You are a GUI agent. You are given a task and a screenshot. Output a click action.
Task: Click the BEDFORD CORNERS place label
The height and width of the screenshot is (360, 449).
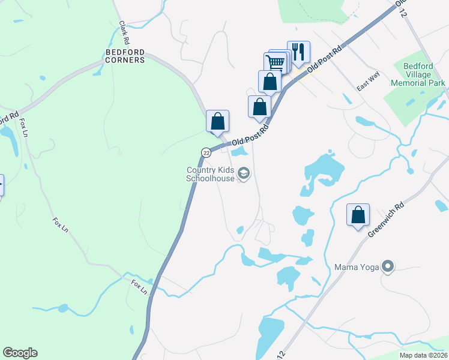click(x=125, y=56)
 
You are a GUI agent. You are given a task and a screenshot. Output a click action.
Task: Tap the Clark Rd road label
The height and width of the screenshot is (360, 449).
click(x=124, y=34)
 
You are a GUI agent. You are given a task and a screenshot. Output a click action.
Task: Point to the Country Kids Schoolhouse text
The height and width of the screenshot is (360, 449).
click(x=211, y=174)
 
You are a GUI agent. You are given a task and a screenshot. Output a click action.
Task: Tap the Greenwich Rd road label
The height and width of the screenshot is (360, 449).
click(x=379, y=222)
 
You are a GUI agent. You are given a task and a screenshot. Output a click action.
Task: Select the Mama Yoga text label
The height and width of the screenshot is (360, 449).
click(x=357, y=266)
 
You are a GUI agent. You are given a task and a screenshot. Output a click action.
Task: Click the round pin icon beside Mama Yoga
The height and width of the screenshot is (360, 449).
click(x=388, y=266)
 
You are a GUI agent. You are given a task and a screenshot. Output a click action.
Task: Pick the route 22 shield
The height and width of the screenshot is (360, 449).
click(x=206, y=153)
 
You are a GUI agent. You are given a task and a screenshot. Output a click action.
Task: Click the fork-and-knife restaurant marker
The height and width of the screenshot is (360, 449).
click(x=298, y=51)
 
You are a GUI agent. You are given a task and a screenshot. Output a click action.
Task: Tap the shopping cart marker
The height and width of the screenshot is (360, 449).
click(x=275, y=62)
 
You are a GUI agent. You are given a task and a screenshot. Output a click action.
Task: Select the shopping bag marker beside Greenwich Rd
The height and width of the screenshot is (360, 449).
click(x=358, y=215)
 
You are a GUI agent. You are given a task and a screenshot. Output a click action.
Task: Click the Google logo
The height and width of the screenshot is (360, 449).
click(x=20, y=353)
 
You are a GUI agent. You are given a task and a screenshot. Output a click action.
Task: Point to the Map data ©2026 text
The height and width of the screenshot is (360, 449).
click(x=423, y=355)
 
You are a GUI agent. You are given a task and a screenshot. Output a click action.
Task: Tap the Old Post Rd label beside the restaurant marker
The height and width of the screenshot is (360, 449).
click(x=327, y=58)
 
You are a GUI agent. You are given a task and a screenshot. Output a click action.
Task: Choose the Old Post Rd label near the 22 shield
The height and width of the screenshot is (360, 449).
click(x=250, y=135)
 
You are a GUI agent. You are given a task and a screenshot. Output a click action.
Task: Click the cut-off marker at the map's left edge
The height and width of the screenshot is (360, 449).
click(x=1, y=184)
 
